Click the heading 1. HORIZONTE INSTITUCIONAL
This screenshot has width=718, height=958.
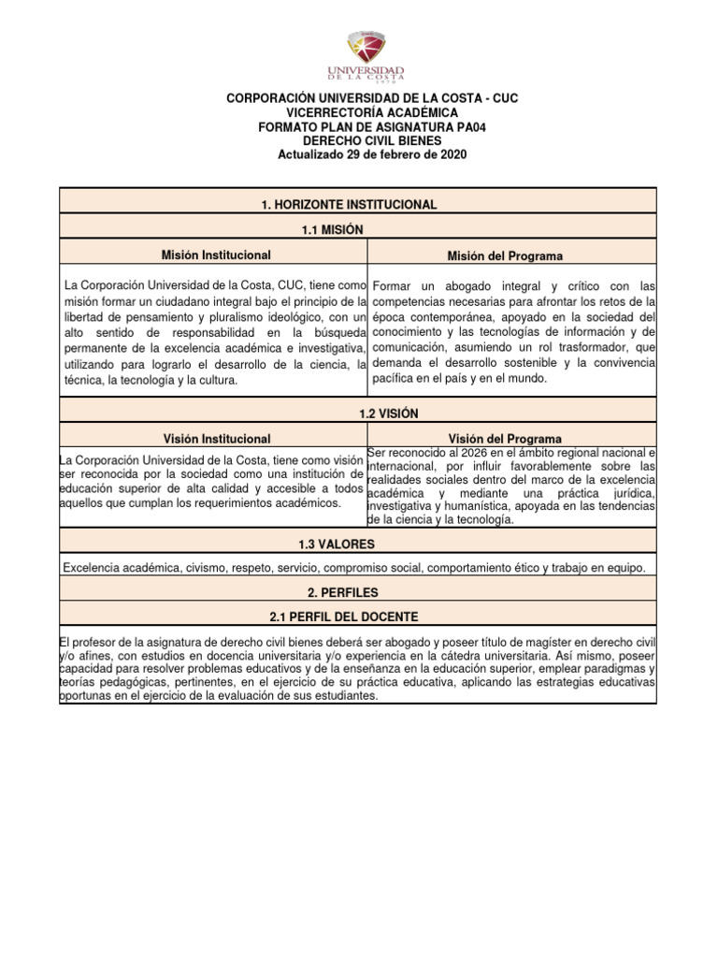pos(358,204)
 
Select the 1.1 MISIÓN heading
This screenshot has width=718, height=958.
pos(358,229)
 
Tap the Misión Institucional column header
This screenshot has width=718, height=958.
pos(215,254)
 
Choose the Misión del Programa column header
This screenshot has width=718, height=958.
pos(506,255)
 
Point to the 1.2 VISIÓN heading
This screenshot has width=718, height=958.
pos(358,414)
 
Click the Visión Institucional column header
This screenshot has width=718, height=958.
pos(215,438)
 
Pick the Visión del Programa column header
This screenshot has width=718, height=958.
pos(505,438)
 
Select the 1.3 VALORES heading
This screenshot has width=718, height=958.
pos(358,544)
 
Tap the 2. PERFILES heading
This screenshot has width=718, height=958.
pos(358,592)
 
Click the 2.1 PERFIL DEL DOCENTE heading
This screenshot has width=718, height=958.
pos(358,617)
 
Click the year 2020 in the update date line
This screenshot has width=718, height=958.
pos(452,153)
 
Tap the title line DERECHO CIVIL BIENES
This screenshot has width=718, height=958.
pos(359,140)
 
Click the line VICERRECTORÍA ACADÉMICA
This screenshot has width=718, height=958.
pos(359,112)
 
